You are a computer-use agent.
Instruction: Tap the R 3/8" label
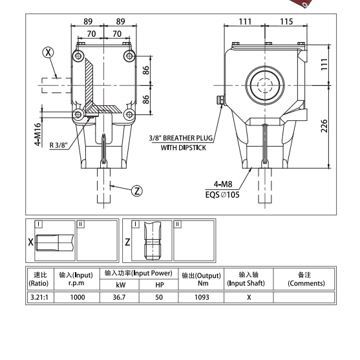(x=63, y=145)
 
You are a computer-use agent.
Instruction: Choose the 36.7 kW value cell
(x=120, y=297)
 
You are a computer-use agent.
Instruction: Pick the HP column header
(x=160, y=284)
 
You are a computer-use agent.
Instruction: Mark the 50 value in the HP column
(x=160, y=297)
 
